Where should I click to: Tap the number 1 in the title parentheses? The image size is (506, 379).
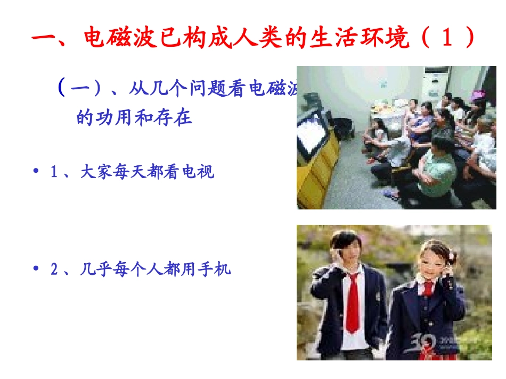(445, 39)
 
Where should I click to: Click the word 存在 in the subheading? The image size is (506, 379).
(176, 117)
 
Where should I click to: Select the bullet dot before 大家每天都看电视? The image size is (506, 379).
(36, 171)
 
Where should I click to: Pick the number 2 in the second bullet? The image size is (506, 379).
(54, 269)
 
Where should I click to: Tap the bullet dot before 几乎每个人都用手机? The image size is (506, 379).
(36, 269)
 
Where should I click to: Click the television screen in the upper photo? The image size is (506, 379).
(312, 133)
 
